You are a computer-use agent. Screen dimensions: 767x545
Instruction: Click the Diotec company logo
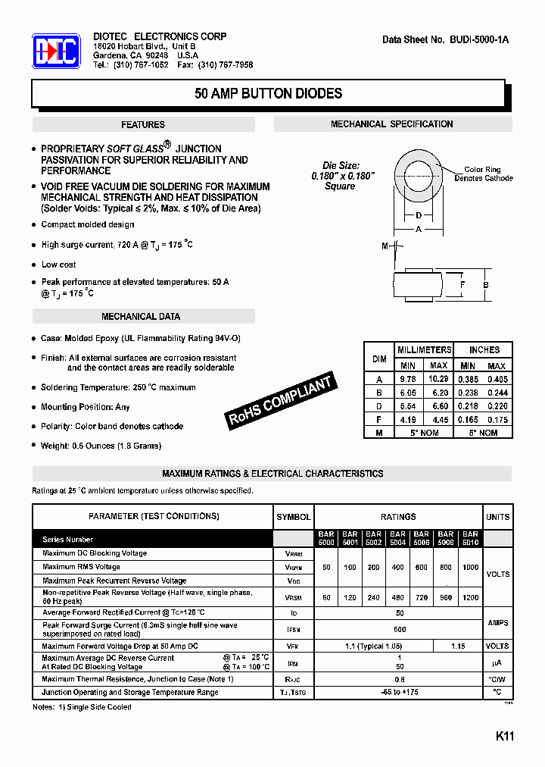coord(56,52)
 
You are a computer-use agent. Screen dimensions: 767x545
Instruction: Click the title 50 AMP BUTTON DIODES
coord(268,94)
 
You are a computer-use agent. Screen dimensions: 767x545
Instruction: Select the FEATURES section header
coord(143,125)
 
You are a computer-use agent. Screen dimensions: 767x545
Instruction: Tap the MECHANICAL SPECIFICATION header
coord(391,124)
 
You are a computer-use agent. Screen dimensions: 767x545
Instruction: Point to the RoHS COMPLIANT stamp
coord(281,402)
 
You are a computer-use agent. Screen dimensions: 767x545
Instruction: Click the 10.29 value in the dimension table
coord(438,379)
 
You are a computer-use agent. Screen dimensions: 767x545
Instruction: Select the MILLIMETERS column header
coord(424,350)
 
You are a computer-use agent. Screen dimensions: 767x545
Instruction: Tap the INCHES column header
coord(484,350)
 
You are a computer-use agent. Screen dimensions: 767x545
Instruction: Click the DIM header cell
coord(379,357)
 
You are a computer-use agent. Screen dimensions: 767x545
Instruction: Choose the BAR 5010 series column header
coord(470,538)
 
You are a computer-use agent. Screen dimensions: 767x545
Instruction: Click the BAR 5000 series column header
coord(326,538)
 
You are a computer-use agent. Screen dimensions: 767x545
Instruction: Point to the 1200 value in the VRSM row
coord(470,597)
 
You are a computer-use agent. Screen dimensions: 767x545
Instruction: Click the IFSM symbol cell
coord(294,629)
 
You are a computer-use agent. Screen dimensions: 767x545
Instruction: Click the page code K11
coord(505,736)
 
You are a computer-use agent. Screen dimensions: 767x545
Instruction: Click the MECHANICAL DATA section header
coord(141,317)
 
